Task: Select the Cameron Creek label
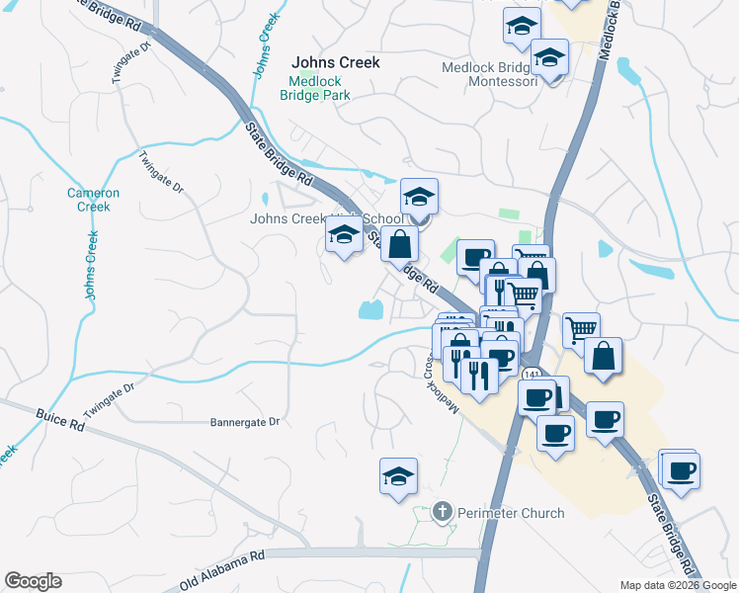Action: [x=93, y=200]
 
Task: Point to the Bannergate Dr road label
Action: [x=245, y=422]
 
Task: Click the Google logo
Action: [x=33, y=581]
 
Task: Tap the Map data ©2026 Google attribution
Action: [x=677, y=585]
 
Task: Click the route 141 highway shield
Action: [x=534, y=375]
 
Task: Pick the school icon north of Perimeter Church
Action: [x=399, y=476]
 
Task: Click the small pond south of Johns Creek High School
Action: [x=369, y=310]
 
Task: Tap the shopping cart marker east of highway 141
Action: [x=581, y=329]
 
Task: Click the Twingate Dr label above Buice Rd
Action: [x=108, y=398]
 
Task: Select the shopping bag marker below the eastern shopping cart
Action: [x=603, y=356]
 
